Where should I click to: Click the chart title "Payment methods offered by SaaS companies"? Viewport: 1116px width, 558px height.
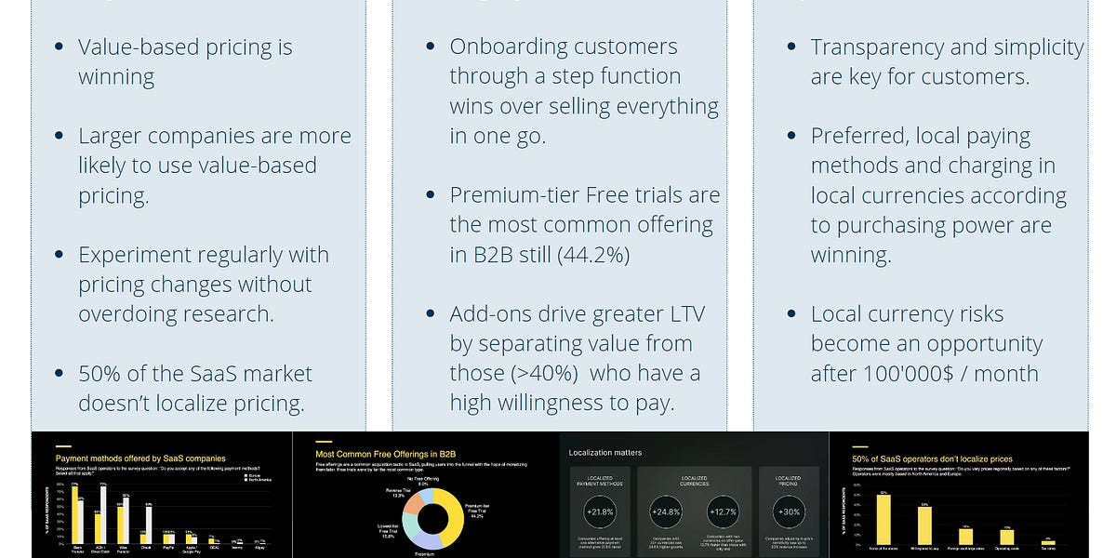[140, 458]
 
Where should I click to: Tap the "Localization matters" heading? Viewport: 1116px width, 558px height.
[605, 453]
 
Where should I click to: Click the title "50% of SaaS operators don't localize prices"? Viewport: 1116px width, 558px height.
[933, 458]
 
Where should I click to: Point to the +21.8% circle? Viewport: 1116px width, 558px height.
[600, 511]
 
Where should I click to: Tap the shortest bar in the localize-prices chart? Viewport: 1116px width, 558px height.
[1048, 541]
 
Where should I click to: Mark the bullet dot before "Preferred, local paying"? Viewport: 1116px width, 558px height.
[791, 137]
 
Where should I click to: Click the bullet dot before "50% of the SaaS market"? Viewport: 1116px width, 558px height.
[60, 375]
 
